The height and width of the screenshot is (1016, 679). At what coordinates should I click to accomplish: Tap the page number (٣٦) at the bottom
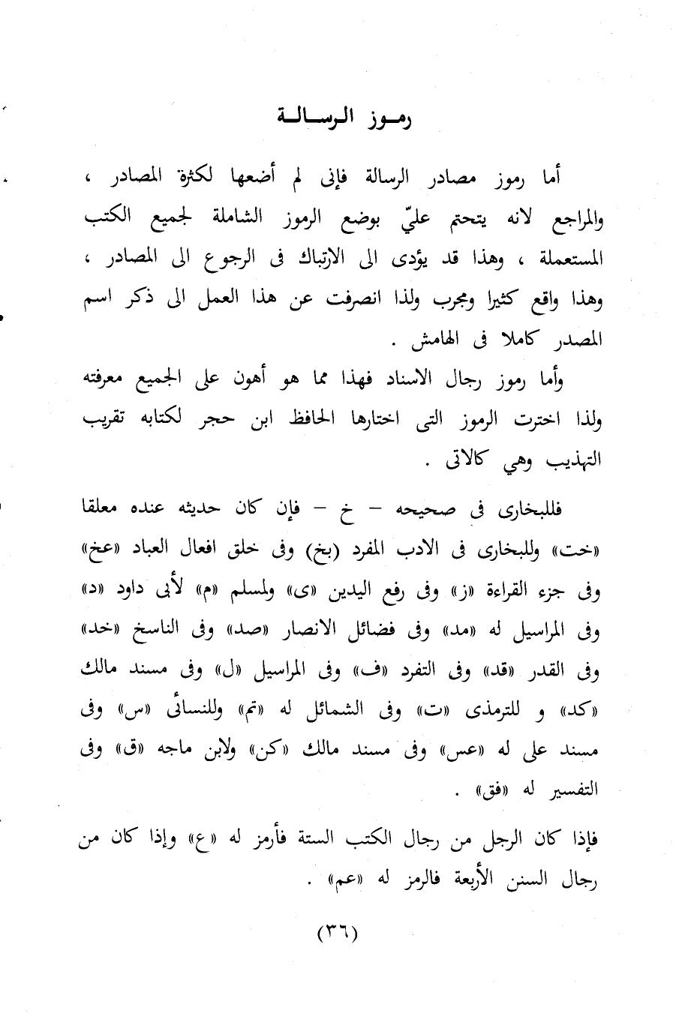coord(338,934)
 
